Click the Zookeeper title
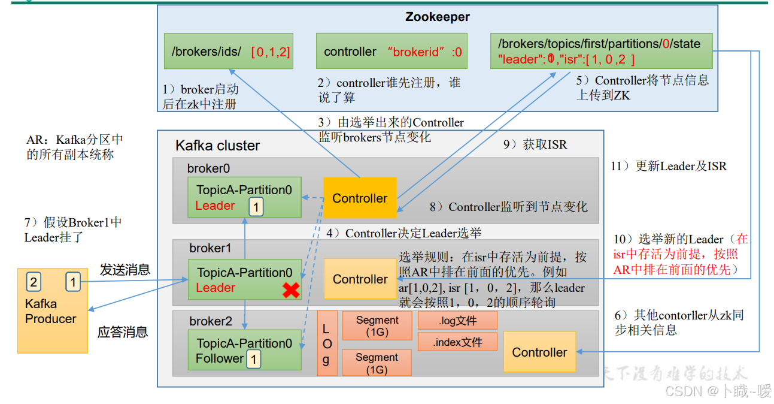(437, 17)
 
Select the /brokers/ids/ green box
(230, 51)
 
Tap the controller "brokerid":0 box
(391, 51)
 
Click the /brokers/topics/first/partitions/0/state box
(601, 51)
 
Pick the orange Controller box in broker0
(360, 198)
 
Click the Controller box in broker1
(360, 279)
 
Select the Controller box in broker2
(539, 352)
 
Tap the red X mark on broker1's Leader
(291, 290)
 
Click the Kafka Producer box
(52, 311)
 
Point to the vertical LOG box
(327, 343)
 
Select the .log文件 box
(457, 321)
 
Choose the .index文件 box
(457, 342)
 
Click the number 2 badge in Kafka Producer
(34, 282)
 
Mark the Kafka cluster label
(217, 146)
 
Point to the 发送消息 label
(125, 270)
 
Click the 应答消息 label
(123, 332)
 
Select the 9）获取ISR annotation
(535, 144)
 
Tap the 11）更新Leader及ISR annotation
(669, 166)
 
